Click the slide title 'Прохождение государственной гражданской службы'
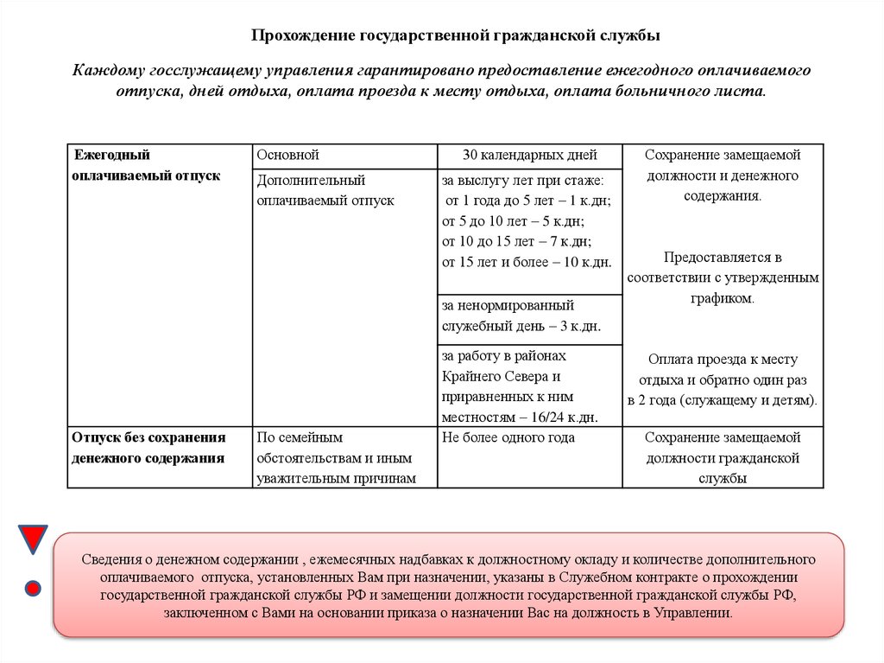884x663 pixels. [456, 35]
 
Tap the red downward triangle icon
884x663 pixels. [33, 539]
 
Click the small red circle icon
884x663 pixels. [33, 589]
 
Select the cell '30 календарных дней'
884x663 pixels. [529, 156]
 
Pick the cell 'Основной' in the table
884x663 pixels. [288, 156]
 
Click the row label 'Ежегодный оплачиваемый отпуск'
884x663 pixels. [146, 165]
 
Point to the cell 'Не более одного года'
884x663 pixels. [508, 438]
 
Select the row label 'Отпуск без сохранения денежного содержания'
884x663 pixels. [148, 448]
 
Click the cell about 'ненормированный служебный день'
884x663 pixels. [521, 316]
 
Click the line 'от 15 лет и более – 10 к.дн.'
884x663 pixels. [527, 262]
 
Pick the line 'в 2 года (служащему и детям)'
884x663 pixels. [723, 401]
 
